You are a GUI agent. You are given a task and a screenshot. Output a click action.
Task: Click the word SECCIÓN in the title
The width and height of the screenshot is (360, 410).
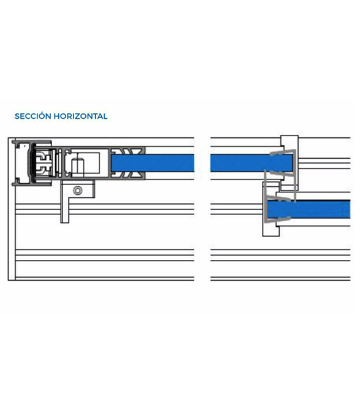coord(33,116)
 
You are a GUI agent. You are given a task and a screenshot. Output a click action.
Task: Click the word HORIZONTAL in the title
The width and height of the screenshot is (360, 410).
coord(80,116)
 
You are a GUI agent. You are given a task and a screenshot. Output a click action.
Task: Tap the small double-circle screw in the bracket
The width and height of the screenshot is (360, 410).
coord(78,191)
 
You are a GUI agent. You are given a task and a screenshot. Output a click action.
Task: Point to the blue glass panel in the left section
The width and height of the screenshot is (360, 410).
coord(153,163)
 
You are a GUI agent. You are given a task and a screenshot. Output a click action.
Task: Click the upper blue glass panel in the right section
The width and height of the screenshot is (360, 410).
coord(251,163)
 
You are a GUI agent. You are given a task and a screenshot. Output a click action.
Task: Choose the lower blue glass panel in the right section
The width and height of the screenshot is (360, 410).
coord(308,210)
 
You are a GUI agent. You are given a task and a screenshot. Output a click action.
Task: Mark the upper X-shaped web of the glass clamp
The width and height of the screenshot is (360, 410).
coord(128,151)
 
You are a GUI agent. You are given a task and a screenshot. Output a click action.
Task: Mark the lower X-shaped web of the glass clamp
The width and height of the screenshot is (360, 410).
coord(128,175)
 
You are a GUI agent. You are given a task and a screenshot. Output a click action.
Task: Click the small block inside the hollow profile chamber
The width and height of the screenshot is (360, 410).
coord(78,166)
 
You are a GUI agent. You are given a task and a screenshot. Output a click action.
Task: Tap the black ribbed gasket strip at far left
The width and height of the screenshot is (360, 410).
coord(33,162)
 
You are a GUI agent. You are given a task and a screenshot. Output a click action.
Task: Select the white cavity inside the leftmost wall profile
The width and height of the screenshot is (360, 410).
coord(23,162)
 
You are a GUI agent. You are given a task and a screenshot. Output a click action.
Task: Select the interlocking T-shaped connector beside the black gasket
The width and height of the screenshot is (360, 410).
coord(45,162)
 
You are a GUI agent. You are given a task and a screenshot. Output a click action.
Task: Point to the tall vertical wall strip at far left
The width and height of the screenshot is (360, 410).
coord(12,209)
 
